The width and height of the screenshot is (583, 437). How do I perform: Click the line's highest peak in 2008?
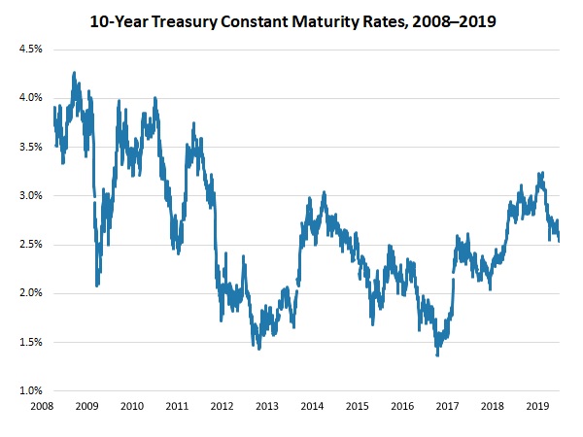[74, 73]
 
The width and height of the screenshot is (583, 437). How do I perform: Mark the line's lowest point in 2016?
[436, 354]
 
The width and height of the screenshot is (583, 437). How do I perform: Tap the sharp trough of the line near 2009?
[97, 285]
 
